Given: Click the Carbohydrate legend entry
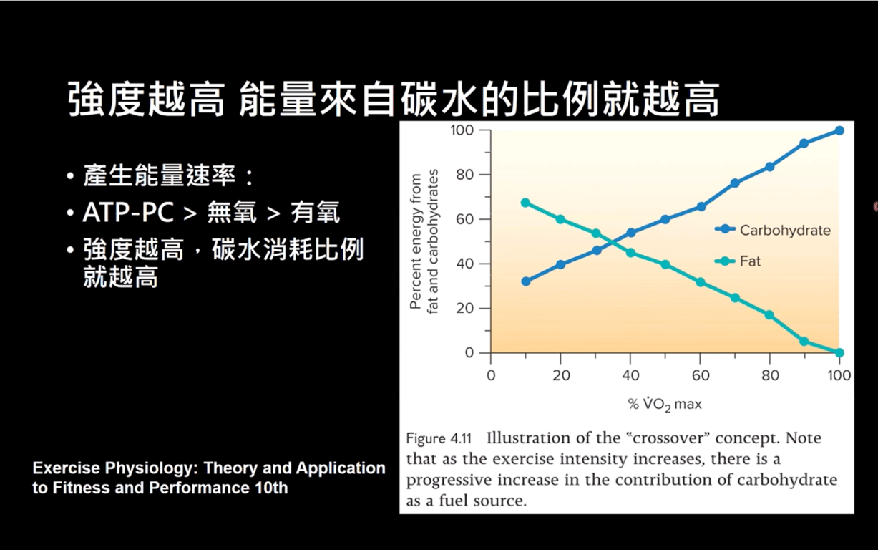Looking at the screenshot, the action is click(x=772, y=231).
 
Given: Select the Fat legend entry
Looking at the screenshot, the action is click(x=737, y=261).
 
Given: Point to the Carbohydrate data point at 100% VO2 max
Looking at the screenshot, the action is click(x=839, y=130).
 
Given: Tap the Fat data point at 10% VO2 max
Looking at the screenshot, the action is click(x=526, y=203).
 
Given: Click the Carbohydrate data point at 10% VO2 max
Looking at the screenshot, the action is click(x=526, y=281).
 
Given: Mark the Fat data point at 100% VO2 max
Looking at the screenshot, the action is click(x=839, y=352).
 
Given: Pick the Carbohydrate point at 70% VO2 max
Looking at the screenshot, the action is click(x=735, y=183).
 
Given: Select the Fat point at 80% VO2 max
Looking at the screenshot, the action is click(x=769, y=315).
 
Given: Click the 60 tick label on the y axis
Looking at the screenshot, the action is click(x=465, y=219).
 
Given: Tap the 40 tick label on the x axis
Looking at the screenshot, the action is click(x=630, y=375).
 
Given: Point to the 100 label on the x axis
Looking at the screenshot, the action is click(x=839, y=375).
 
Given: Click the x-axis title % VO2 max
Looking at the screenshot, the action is click(x=665, y=404).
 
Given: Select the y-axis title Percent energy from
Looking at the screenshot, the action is click(x=415, y=241).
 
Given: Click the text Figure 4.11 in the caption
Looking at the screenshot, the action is click(x=439, y=438).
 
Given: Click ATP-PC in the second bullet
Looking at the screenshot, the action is click(x=128, y=213).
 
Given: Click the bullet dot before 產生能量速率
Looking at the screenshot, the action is click(x=70, y=175).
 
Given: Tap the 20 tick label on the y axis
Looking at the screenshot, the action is click(x=465, y=309).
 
